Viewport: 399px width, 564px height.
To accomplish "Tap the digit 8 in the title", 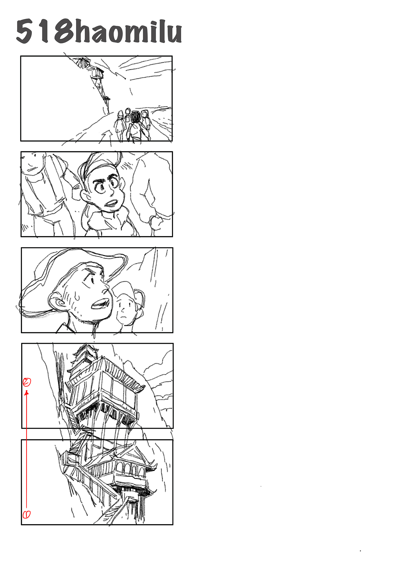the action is [65, 31].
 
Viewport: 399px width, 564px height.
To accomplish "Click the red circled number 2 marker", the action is [27, 382].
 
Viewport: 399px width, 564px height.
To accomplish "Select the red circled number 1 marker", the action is [26, 514].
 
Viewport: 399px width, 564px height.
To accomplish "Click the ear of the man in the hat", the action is [56, 301].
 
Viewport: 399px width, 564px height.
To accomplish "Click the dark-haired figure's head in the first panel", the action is [136, 117].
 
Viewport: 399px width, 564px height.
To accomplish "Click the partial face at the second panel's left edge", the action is [32, 164].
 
